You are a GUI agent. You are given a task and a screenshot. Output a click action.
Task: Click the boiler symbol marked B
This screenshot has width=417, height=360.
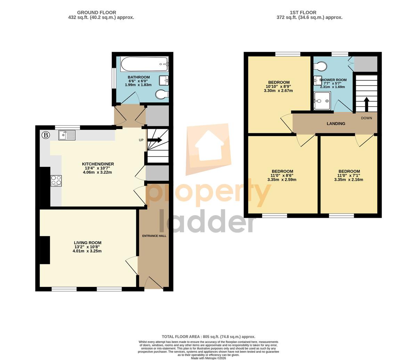pyautogui.click(x=46, y=135)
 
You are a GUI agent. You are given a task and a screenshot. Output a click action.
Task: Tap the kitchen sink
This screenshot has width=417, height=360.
pyautogui.click(x=67, y=135)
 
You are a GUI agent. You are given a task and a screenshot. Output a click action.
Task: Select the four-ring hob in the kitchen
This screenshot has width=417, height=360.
pyautogui.click(x=56, y=181)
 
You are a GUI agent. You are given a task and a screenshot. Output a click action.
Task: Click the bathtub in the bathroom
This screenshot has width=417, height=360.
pyautogui.click(x=144, y=64)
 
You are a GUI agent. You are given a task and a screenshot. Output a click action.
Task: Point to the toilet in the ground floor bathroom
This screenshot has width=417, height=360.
pyautogui.click(x=162, y=94)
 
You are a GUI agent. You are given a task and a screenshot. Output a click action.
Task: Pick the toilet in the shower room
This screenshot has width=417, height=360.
pyautogui.click(x=320, y=66)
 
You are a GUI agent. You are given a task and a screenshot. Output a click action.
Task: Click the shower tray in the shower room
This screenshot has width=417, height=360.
pyautogui.click(x=322, y=101)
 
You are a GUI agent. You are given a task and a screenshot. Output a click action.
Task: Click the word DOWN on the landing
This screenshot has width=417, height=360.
pyautogui.click(x=366, y=118)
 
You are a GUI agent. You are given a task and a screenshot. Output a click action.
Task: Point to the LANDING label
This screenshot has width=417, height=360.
pyautogui.click(x=336, y=123)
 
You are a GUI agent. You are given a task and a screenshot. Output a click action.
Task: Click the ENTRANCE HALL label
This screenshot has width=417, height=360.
pyautogui.click(x=154, y=236)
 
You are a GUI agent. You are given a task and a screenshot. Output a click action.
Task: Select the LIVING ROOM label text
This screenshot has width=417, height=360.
pyautogui.click(x=88, y=243)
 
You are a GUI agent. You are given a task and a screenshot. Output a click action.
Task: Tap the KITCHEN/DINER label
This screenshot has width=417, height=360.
pyautogui.click(x=98, y=164)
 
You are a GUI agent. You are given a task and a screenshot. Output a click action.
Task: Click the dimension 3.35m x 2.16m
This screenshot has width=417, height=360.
pyautogui.click(x=349, y=179)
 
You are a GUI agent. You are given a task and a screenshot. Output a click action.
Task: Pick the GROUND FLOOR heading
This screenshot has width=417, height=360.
pyautogui.click(x=97, y=13)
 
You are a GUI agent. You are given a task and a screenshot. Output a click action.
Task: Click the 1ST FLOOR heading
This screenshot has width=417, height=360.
pyautogui.click(x=303, y=13)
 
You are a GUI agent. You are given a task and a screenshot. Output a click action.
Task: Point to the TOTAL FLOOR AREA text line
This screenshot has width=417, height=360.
pyautogui.click(x=208, y=337)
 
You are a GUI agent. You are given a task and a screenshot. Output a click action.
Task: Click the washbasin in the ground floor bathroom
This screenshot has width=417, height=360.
pyautogui.click(x=164, y=80)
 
